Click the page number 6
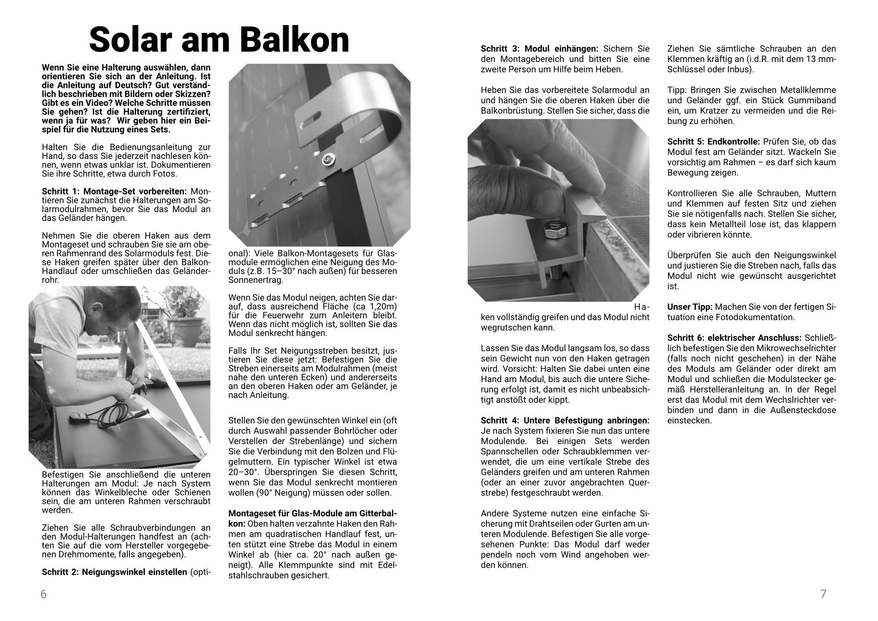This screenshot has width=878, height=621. [x=43, y=594]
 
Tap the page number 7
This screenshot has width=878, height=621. [x=823, y=594]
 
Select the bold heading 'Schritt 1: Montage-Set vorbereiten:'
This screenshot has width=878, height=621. [x=114, y=191]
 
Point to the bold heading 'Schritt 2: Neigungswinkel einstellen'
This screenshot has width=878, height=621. [x=114, y=572]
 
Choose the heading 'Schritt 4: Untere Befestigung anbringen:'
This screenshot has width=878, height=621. [x=565, y=420]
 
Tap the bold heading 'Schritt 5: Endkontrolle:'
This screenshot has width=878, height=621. [x=713, y=142]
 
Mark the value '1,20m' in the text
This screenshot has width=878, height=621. [x=383, y=307]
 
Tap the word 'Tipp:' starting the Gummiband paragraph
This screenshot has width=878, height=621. [x=677, y=90]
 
